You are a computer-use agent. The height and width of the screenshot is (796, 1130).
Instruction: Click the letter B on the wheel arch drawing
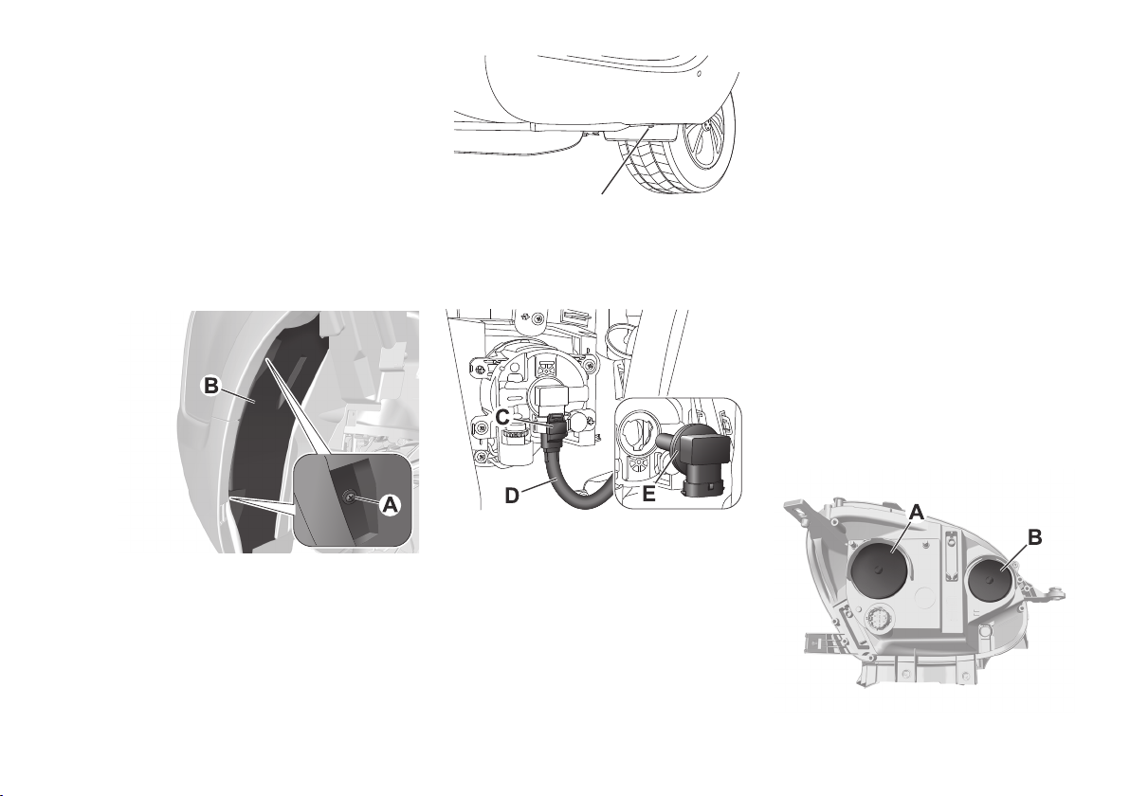click(x=210, y=386)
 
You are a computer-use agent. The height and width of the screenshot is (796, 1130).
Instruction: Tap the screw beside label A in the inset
click(x=350, y=497)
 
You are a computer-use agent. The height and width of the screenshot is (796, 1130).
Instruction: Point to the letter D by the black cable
click(x=513, y=497)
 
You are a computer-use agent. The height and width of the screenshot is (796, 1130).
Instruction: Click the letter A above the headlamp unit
click(x=917, y=512)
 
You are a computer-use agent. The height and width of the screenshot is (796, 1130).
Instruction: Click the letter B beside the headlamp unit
click(x=1034, y=537)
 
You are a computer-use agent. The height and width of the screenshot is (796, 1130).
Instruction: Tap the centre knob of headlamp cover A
click(x=879, y=570)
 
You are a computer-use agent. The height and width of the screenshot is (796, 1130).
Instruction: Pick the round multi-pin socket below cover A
click(x=879, y=618)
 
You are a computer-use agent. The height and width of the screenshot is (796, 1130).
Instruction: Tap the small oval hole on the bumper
click(x=700, y=74)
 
